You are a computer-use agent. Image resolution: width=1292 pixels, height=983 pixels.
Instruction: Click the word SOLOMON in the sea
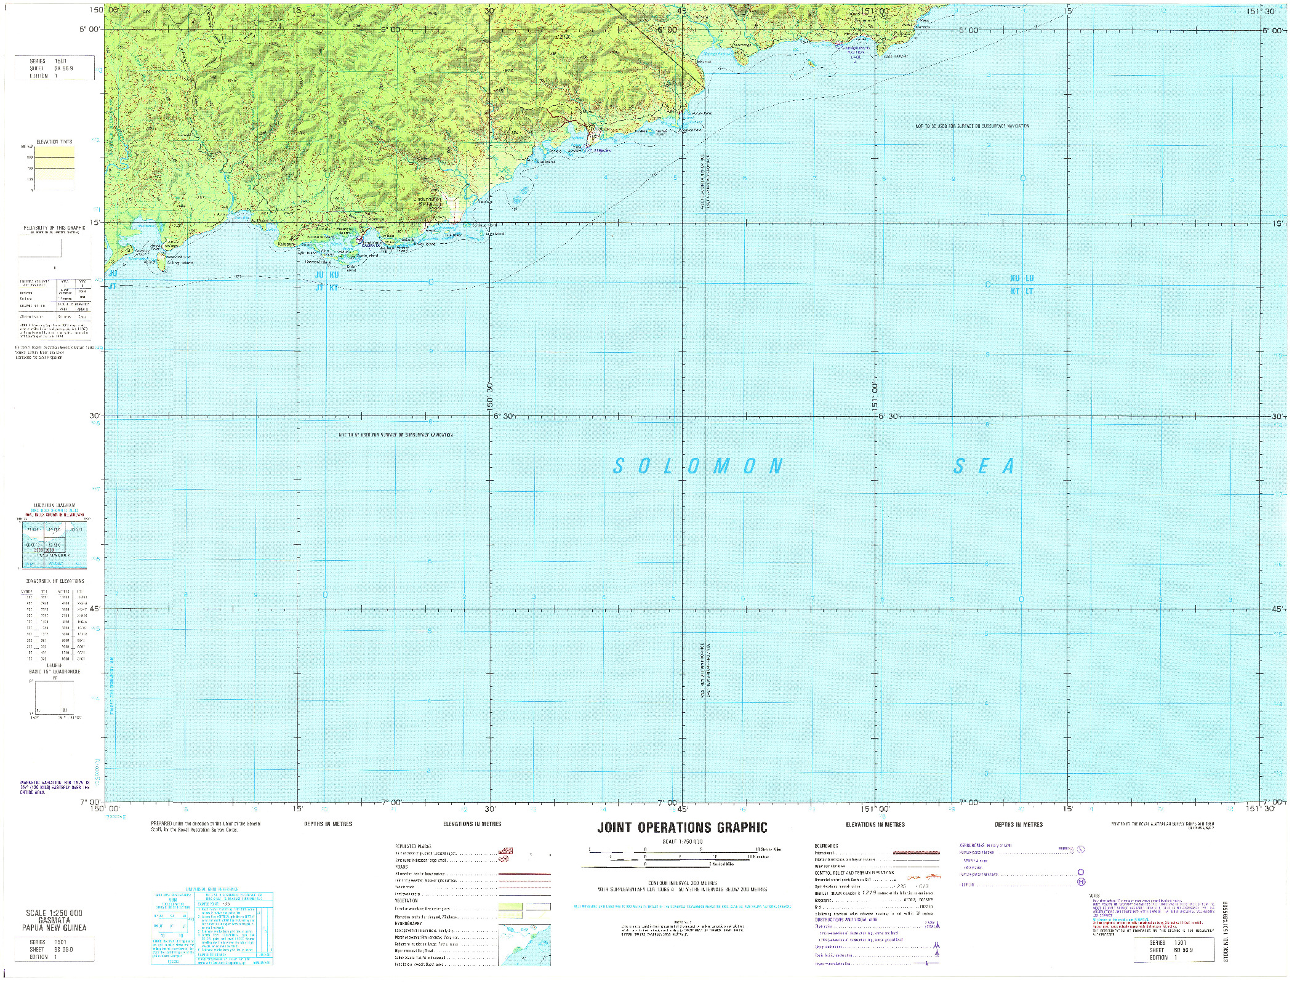click(698, 466)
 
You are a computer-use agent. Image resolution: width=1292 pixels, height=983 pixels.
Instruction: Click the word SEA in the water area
click(984, 467)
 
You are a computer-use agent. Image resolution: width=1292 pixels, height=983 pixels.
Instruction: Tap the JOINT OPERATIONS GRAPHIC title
click(682, 828)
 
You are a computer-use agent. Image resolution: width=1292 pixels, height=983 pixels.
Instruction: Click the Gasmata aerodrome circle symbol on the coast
click(363, 250)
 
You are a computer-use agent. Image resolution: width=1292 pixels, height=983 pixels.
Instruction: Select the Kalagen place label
click(287, 261)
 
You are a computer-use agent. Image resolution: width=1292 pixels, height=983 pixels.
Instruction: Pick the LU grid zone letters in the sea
click(1029, 279)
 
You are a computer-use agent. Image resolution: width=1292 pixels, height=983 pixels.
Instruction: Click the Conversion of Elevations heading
click(54, 580)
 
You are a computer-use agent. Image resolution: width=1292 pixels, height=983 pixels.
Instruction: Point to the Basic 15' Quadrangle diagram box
click(54, 697)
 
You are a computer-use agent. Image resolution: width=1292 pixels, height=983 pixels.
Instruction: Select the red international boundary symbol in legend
click(915, 853)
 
